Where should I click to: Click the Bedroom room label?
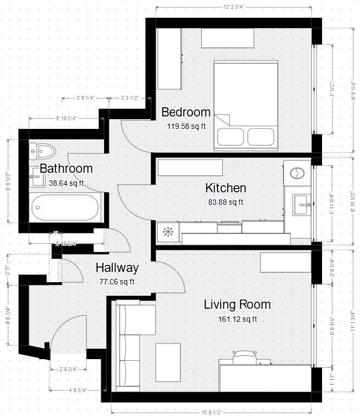point(186,112)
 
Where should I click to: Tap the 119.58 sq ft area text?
point(186,126)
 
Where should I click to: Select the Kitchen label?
point(226,188)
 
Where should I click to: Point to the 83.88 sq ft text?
point(225,202)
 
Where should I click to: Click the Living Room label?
point(237,304)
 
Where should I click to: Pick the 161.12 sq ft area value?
point(237,319)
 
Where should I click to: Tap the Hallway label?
point(117,268)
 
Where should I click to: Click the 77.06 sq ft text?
point(117,282)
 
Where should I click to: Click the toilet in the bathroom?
point(41,149)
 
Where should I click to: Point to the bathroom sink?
point(36,176)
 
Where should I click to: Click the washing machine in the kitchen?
point(297,173)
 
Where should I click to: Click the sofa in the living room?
point(129,347)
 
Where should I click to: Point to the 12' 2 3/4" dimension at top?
point(234,6)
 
